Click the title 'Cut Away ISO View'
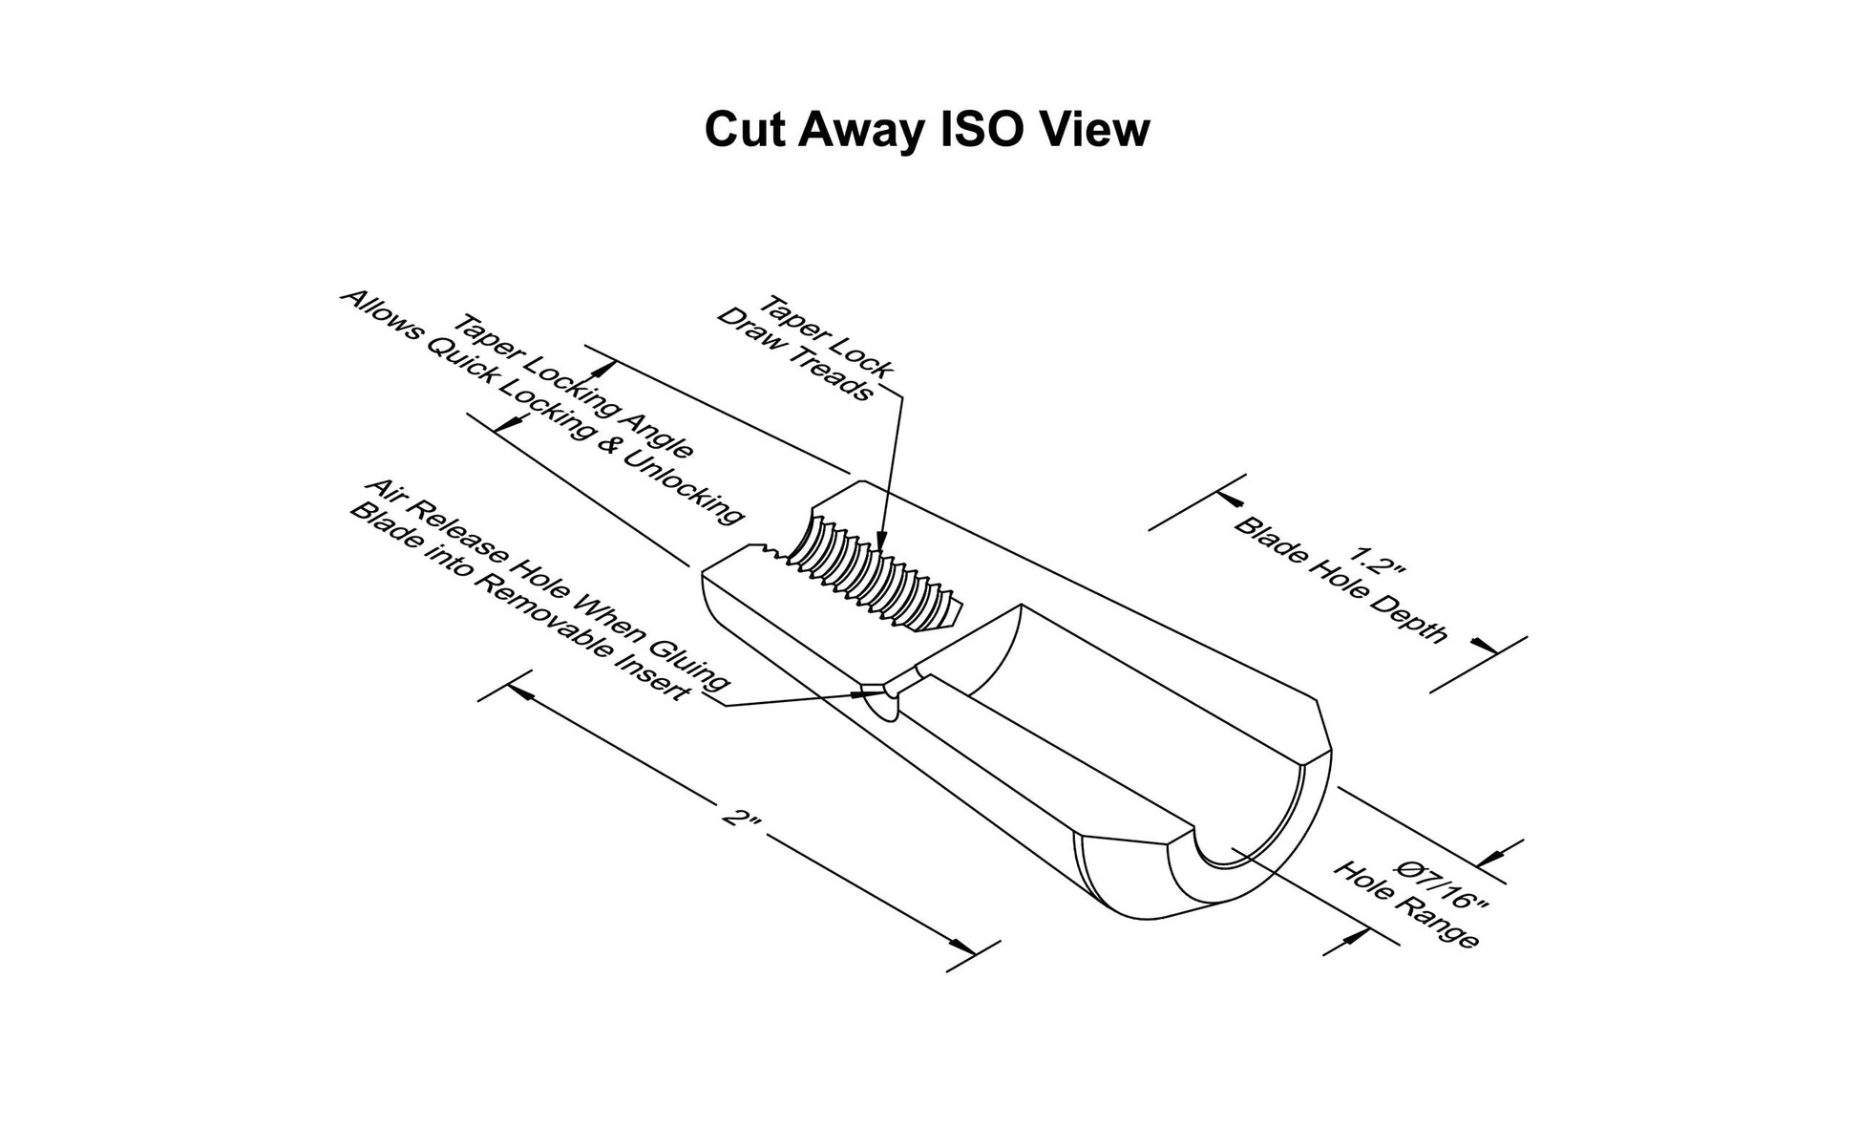point(926,130)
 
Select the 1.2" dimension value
point(1380,561)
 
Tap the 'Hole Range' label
point(1406,905)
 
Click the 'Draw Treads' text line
point(794,354)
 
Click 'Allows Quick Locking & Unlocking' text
point(541,407)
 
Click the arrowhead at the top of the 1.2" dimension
point(1232,500)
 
